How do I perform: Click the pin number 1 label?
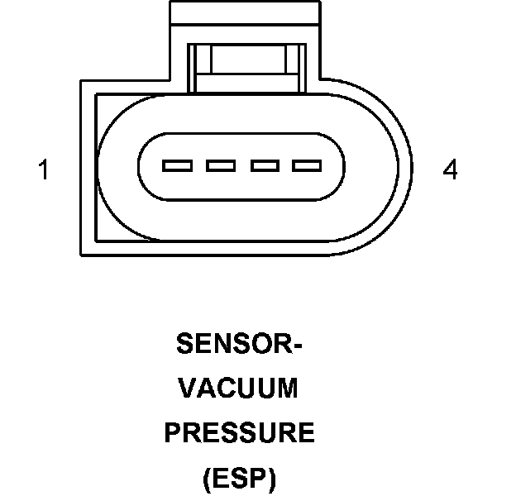(43, 171)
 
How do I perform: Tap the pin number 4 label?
(450, 171)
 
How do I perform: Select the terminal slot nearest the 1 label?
(177, 166)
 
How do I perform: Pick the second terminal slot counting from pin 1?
(221, 166)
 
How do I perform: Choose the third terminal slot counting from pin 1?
(264, 166)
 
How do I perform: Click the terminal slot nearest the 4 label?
(307, 166)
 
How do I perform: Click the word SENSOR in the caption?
(232, 344)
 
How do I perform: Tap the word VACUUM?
(240, 389)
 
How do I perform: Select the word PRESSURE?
(240, 433)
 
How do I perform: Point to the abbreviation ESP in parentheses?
(240, 478)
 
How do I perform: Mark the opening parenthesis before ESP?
(206, 479)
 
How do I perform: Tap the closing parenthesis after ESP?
(273, 479)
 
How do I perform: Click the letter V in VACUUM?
(189, 389)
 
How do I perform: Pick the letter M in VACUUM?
(288, 389)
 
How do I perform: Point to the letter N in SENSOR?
(217, 344)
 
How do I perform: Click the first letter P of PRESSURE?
(173, 433)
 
